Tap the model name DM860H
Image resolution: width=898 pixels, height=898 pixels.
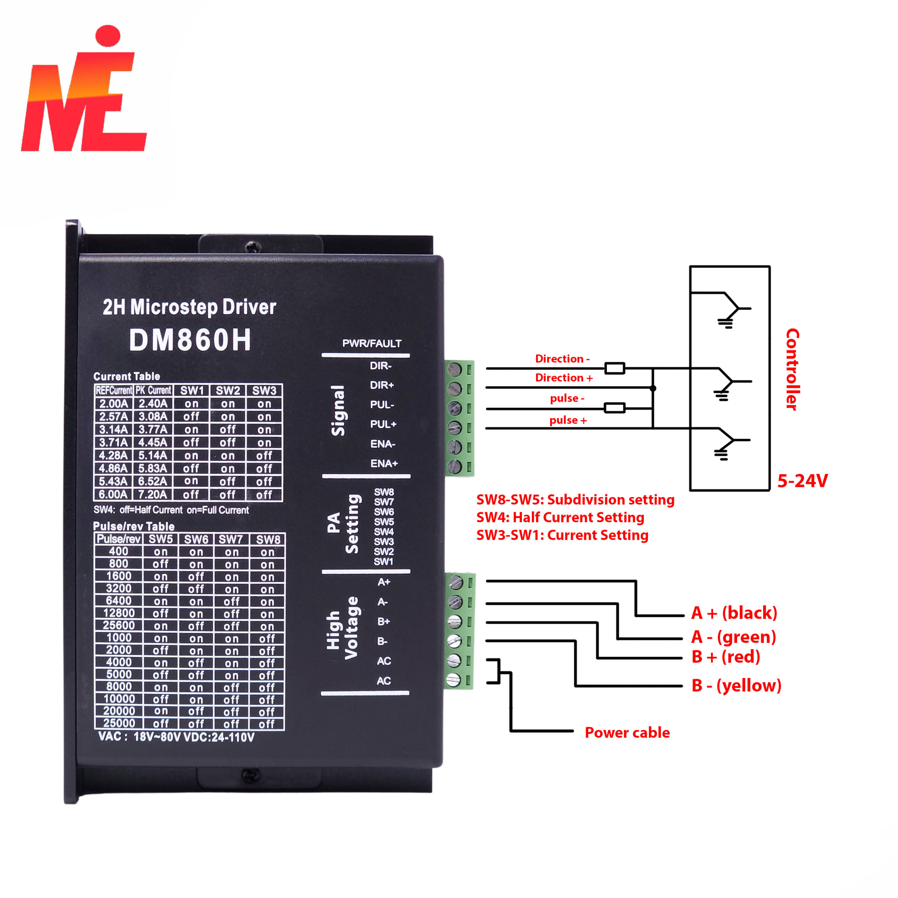tap(190, 340)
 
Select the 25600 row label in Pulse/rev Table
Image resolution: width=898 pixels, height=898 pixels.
tap(119, 626)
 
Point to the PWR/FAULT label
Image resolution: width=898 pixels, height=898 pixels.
tap(372, 343)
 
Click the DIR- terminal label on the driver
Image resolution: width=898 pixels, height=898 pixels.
tap(381, 366)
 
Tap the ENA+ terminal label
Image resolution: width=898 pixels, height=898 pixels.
tap(384, 463)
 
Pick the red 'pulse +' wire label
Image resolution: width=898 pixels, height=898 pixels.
tap(568, 420)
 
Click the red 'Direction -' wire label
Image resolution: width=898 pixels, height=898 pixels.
tap(562, 359)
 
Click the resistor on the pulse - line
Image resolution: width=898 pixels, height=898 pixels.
tap(615, 408)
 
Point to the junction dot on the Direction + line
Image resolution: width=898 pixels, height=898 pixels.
tap(653, 388)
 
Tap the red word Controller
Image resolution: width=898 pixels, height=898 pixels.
tap(792, 369)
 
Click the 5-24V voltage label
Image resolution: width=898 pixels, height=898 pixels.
tap(803, 481)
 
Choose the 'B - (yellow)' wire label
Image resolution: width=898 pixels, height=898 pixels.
tap(736, 685)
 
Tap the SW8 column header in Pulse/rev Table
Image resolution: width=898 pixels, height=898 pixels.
tap(268, 540)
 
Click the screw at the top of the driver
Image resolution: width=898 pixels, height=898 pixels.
tap(253, 246)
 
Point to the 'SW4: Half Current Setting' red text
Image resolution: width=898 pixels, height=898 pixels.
tap(560, 517)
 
